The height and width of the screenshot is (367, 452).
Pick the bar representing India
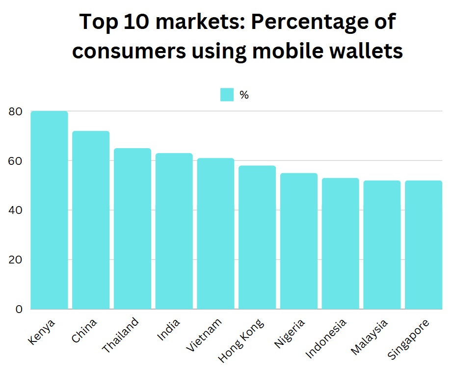tap(174, 231)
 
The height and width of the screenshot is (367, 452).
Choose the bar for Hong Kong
tap(257, 237)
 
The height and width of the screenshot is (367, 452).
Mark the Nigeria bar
tap(299, 241)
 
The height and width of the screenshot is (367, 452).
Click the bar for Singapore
tap(424, 245)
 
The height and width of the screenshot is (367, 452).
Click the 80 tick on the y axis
tap(16, 111)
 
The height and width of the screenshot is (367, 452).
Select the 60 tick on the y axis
tap(16, 161)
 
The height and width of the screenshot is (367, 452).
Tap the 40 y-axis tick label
tap(16, 210)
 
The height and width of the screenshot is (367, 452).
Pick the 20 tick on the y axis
tap(16, 260)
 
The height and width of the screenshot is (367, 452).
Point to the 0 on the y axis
tap(19, 309)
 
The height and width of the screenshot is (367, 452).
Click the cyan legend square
tap(227, 95)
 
